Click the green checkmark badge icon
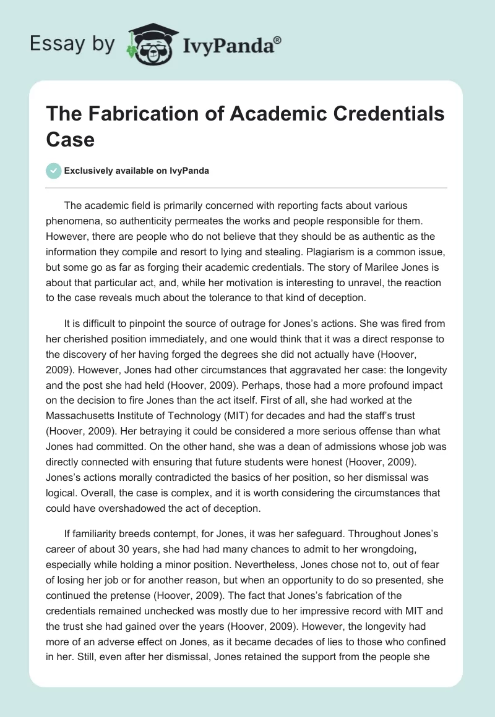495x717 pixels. (x=54, y=171)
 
